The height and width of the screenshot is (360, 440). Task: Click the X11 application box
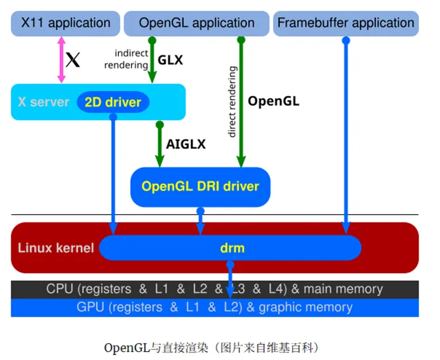coord(65,24)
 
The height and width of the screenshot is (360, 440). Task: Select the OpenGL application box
coord(197,24)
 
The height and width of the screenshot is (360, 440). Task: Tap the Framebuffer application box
coord(346,24)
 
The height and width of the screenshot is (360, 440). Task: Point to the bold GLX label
coord(170,60)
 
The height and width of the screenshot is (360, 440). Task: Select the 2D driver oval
coord(113,103)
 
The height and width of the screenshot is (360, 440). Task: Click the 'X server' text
coord(43,103)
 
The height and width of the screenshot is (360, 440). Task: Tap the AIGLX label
coord(185,144)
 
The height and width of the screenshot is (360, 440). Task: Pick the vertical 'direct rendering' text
coord(232,101)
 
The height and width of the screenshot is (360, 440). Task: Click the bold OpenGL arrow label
coord(274,101)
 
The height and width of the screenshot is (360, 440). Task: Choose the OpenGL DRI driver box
coord(200,186)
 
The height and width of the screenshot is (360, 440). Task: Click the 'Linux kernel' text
coord(55,248)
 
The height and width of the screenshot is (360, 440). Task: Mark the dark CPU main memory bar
coord(214,290)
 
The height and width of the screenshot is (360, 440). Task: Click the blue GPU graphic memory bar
coord(214,308)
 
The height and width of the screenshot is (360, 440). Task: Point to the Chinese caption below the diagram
coord(215,346)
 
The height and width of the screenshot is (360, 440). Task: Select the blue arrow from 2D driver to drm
coord(113,175)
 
